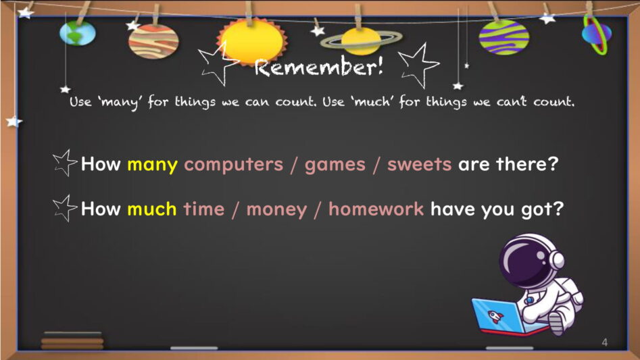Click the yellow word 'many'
click(152, 165)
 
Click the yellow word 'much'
click(152, 209)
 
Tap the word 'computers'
click(233, 165)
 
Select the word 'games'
click(335, 165)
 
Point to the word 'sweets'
click(419, 164)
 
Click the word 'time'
click(203, 209)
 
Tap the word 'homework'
click(376, 209)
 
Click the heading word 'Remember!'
click(319, 67)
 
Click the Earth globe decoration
click(78, 32)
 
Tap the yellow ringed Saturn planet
click(360, 41)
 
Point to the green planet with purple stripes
click(503, 37)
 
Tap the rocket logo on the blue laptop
click(495, 316)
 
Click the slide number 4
click(604, 342)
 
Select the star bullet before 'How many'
click(64, 163)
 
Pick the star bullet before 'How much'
click(64, 208)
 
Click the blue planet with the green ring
click(596, 34)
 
